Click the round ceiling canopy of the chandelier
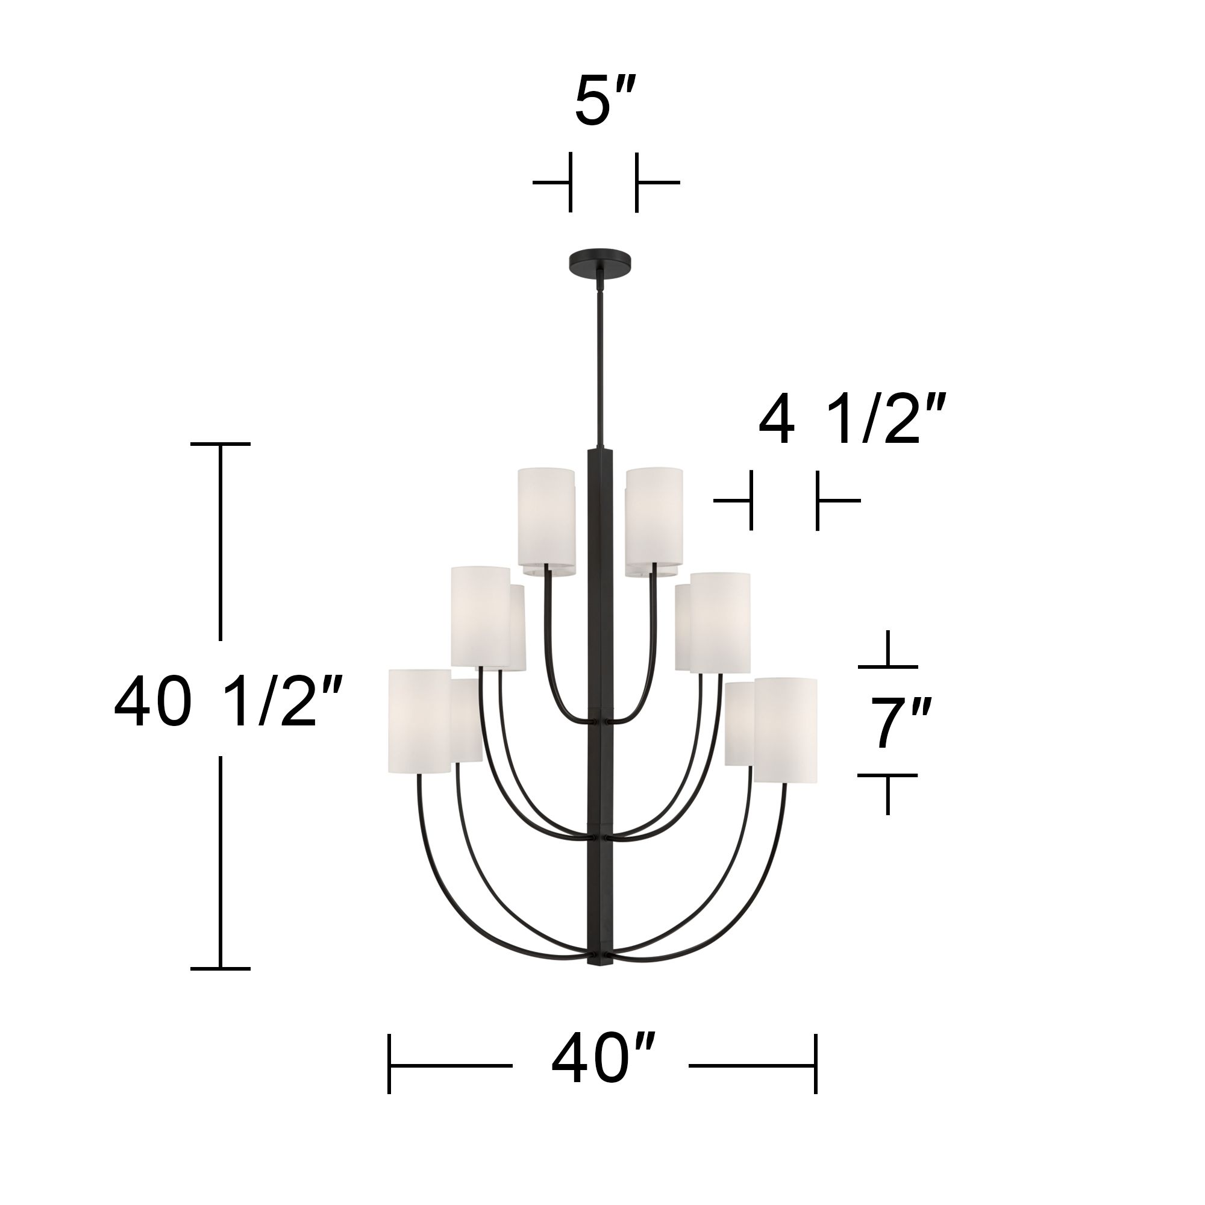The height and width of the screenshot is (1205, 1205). (x=599, y=260)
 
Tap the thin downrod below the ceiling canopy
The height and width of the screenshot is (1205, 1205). (x=600, y=361)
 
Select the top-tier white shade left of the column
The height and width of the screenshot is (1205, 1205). (x=546, y=521)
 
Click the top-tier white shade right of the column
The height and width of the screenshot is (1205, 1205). (x=654, y=521)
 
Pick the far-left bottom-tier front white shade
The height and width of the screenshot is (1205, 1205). (x=419, y=721)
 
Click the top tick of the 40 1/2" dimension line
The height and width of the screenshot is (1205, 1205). (x=220, y=444)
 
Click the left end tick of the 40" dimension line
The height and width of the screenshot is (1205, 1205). (x=389, y=1066)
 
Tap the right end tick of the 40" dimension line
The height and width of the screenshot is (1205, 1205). (x=815, y=1066)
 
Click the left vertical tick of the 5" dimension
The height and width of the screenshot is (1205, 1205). (x=569, y=183)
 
